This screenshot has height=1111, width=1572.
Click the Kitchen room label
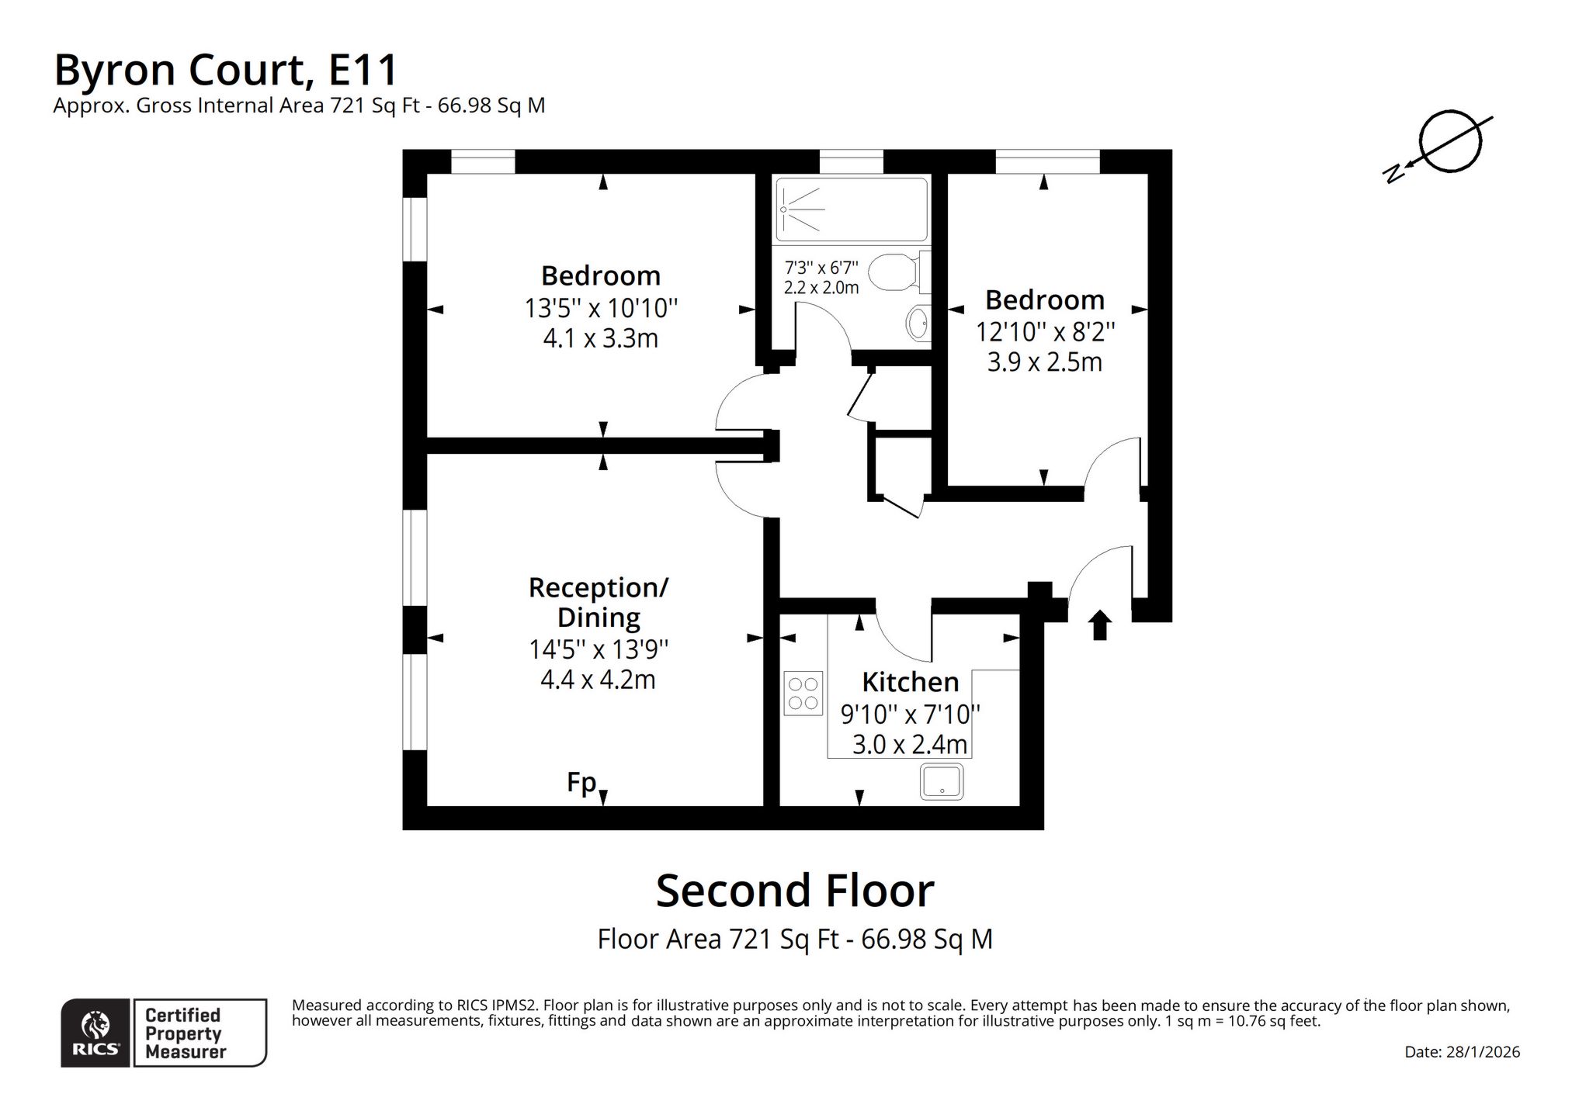[910, 682]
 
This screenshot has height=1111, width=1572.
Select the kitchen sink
[942, 781]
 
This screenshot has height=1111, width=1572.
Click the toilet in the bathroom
[899, 272]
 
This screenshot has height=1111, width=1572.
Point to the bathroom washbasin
[919, 324]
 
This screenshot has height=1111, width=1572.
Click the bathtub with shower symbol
[852, 209]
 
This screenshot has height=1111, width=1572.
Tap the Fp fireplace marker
[581, 782]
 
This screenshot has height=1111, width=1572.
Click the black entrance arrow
[1099, 625]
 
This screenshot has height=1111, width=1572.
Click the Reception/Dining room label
[599, 602]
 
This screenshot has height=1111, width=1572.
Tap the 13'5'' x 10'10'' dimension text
[601, 308]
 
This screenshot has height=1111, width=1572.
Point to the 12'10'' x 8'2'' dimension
[1045, 332]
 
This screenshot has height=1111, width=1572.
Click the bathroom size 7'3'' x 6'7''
[821, 268]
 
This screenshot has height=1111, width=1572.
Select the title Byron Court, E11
[226, 70]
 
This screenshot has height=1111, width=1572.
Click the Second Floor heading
[795, 891]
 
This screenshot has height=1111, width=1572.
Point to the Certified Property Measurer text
[185, 1033]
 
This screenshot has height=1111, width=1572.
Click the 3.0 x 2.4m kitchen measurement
[910, 745]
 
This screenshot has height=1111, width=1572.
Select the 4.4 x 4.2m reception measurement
[598, 680]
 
